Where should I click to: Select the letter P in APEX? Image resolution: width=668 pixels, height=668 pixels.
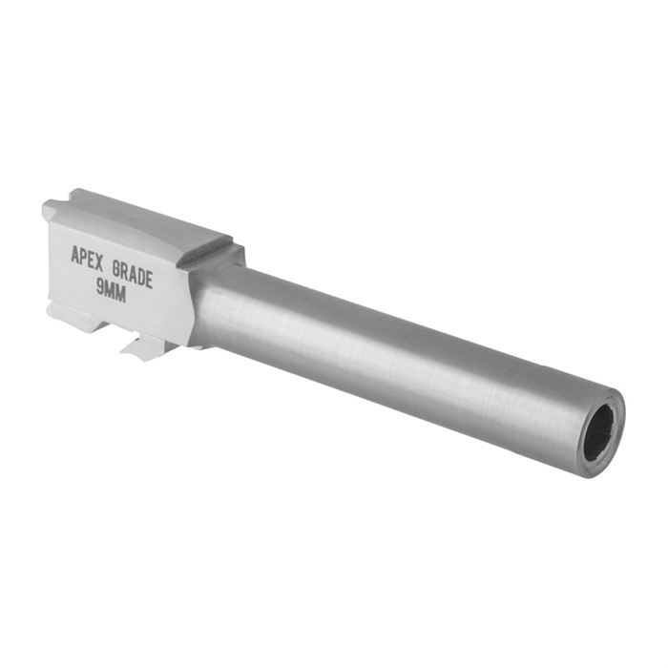(84, 255)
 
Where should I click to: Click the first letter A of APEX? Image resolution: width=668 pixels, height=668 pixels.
(75, 253)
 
